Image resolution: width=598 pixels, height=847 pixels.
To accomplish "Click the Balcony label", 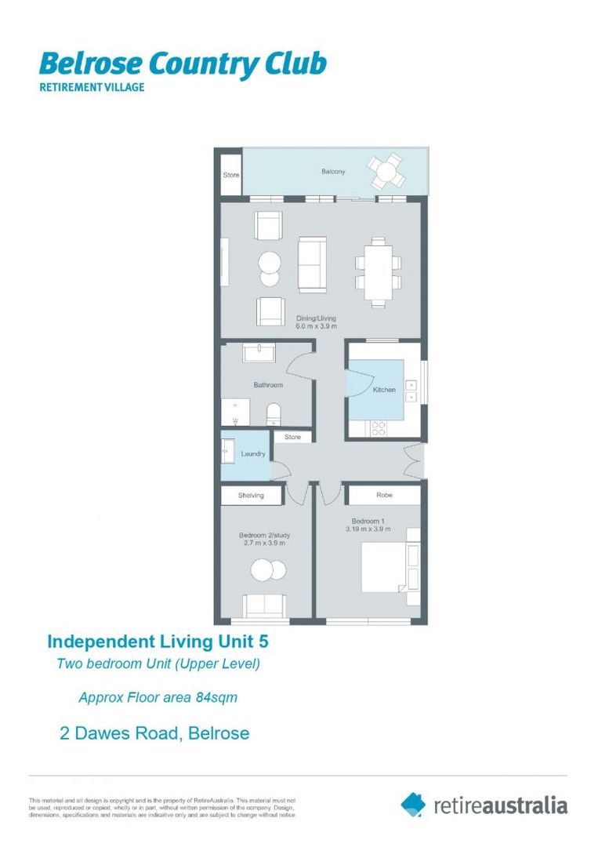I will pyautogui.click(x=332, y=172).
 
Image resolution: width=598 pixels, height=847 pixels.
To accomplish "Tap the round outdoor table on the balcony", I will pyautogui.click(x=387, y=170).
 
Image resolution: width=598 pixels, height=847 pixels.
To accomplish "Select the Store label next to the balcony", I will pyautogui.click(x=230, y=175).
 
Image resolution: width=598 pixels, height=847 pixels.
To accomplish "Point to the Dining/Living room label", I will pyautogui.click(x=316, y=318).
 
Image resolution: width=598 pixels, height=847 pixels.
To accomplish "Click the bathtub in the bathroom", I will pyautogui.click(x=258, y=354).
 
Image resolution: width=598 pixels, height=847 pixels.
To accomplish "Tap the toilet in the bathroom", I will pyautogui.click(x=274, y=413).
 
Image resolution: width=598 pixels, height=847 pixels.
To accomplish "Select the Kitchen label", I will pyautogui.click(x=384, y=390).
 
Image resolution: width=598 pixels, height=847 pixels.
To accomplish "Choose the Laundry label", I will pyautogui.click(x=253, y=454).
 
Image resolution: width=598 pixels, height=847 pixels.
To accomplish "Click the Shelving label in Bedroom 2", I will pyautogui.click(x=251, y=496).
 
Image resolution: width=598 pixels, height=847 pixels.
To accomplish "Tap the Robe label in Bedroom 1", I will pyautogui.click(x=384, y=496).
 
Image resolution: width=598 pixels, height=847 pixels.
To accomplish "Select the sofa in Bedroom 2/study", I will pyautogui.click(x=265, y=605).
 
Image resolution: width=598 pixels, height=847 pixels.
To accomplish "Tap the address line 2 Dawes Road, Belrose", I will pyautogui.click(x=154, y=734).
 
